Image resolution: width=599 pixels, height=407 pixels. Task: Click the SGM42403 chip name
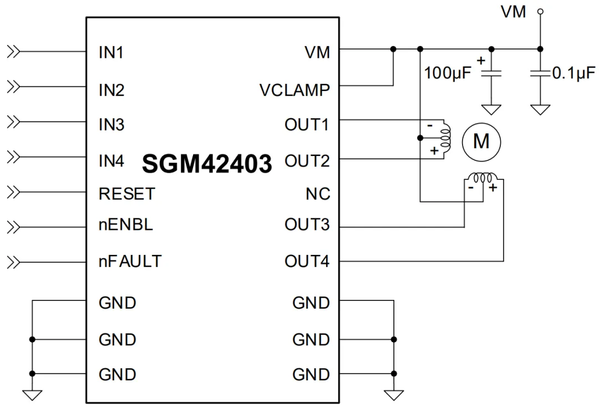[207, 163]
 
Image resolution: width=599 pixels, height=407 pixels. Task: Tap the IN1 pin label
[111, 52]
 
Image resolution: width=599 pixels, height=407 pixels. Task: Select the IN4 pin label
[111, 160]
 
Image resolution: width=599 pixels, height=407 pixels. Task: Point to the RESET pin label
[127, 194]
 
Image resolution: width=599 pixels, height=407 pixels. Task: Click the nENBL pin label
[126, 224]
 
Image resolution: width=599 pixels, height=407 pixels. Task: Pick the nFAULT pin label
[130, 262]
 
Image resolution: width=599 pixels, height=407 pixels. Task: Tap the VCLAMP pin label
[295, 91]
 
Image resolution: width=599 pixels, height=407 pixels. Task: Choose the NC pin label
[318, 194]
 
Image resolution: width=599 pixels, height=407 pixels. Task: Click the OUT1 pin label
[307, 125]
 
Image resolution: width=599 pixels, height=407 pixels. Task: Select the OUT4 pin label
[307, 262]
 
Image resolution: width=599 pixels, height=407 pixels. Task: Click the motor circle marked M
[481, 142]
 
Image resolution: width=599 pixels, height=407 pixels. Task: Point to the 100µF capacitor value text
[448, 73]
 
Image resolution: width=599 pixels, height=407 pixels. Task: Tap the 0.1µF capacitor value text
[574, 73]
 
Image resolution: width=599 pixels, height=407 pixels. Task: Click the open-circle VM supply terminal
[540, 12]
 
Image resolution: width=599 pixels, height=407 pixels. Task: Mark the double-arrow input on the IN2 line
[13, 87]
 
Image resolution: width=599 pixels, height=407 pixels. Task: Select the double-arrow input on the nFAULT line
[13, 262]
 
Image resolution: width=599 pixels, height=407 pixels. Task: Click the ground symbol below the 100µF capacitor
[491, 110]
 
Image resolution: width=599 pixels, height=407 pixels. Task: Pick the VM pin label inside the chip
[317, 52]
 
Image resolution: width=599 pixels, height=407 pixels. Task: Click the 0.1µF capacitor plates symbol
[540, 73]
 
